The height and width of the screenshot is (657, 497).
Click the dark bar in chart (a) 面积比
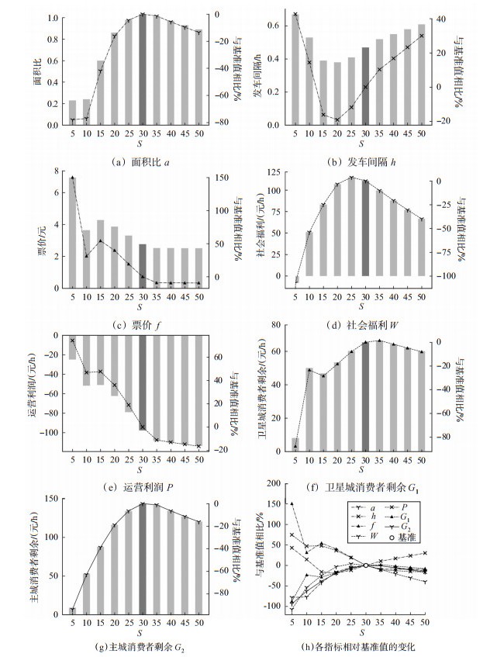(143, 69)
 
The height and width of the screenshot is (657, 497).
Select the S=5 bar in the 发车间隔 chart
(295, 69)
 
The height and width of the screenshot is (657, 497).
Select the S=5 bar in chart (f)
(295, 444)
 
